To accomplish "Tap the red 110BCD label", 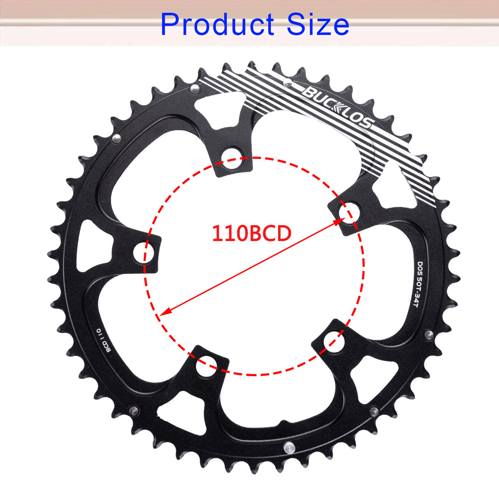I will coord(251,233).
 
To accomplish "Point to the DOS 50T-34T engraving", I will coord(418,284).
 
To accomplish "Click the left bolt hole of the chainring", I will coord(144,252).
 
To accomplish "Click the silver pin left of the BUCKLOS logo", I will coord(287,83).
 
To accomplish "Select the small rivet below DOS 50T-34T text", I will coord(429,335).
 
